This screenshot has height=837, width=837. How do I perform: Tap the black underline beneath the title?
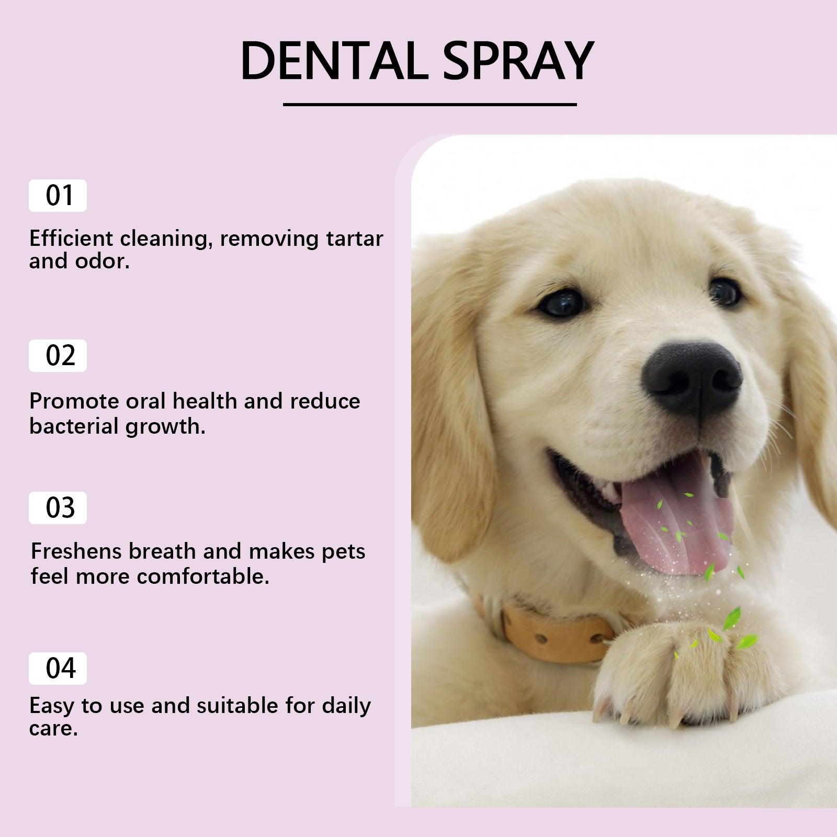coord(429,105)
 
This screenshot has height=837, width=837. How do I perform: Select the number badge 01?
coord(58,196)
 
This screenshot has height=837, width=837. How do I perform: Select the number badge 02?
coord(58,356)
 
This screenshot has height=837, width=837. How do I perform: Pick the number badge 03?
coord(58,508)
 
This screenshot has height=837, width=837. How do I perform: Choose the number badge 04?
coord(58,669)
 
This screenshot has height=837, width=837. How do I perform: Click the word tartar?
coord(355,239)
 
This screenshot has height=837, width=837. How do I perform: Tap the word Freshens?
coord(76,551)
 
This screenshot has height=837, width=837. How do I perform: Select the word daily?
coord(346,706)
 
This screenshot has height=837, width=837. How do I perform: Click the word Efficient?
coord(71,239)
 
